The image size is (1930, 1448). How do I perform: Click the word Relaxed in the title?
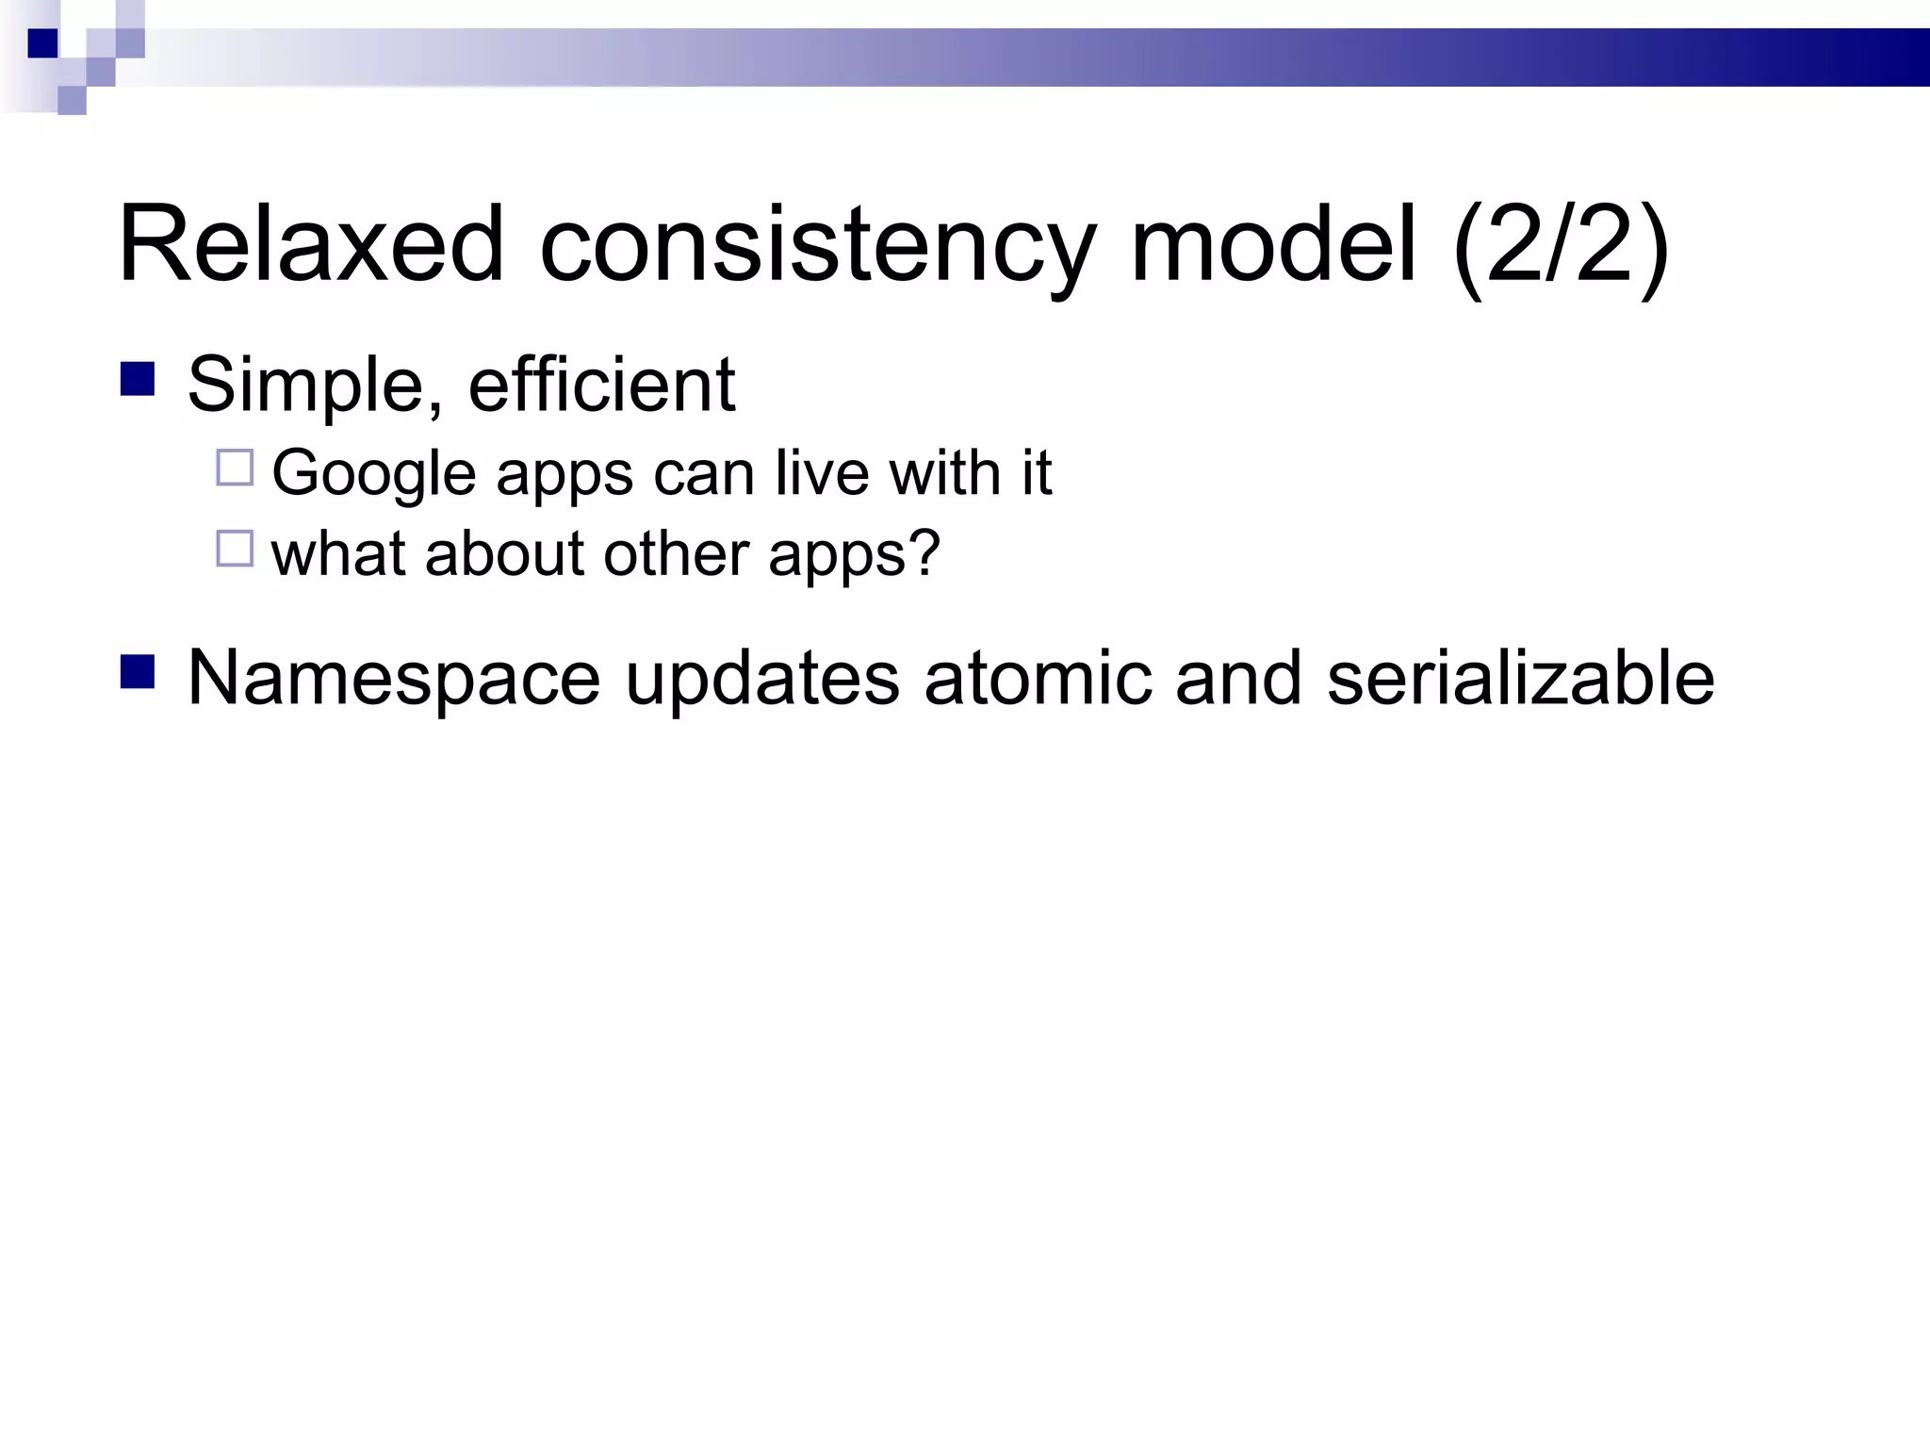(x=311, y=244)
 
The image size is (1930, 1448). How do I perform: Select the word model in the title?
(x=1273, y=244)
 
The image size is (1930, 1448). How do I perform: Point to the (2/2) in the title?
(x=1561, y=247)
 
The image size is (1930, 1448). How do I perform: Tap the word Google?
(x=373, y=474)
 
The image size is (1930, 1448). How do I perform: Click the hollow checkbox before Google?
(x=235, y=468)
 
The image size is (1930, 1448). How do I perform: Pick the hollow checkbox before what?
(x=235, y=549)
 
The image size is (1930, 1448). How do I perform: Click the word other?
(x=676, y=553)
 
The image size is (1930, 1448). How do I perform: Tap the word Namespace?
(x=394, y=679)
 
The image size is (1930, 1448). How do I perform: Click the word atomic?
(x=1039, y=678)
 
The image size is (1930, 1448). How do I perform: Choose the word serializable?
(x=1520, y=678)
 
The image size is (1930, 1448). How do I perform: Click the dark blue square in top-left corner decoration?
(x=43, y=43)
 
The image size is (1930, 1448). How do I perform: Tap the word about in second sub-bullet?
(x=504, y=553)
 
